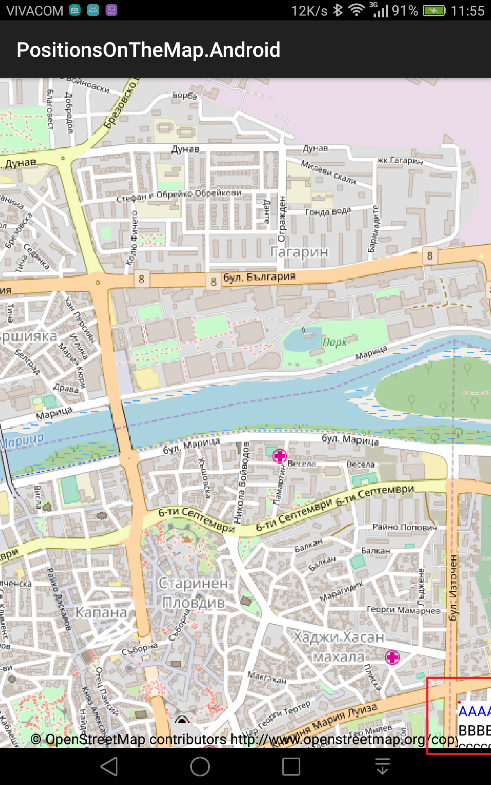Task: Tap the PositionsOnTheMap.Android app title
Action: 148,50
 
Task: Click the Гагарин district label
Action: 299,252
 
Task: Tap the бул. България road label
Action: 259,277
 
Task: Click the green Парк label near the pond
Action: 335,342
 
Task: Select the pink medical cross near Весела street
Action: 279,455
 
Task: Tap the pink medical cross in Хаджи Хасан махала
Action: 392,657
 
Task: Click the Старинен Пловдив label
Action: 194,593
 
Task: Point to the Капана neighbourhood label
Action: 101,612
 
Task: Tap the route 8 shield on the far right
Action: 430,256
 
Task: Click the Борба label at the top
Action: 184,95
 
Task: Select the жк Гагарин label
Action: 400,160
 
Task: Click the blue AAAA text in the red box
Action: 474,711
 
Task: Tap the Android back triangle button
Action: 110,766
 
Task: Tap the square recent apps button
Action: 291,766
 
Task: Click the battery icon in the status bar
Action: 434,11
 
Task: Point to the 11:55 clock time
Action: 467,11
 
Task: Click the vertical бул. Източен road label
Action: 453,588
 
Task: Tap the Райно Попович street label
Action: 404,527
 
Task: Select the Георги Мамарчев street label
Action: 403,610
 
